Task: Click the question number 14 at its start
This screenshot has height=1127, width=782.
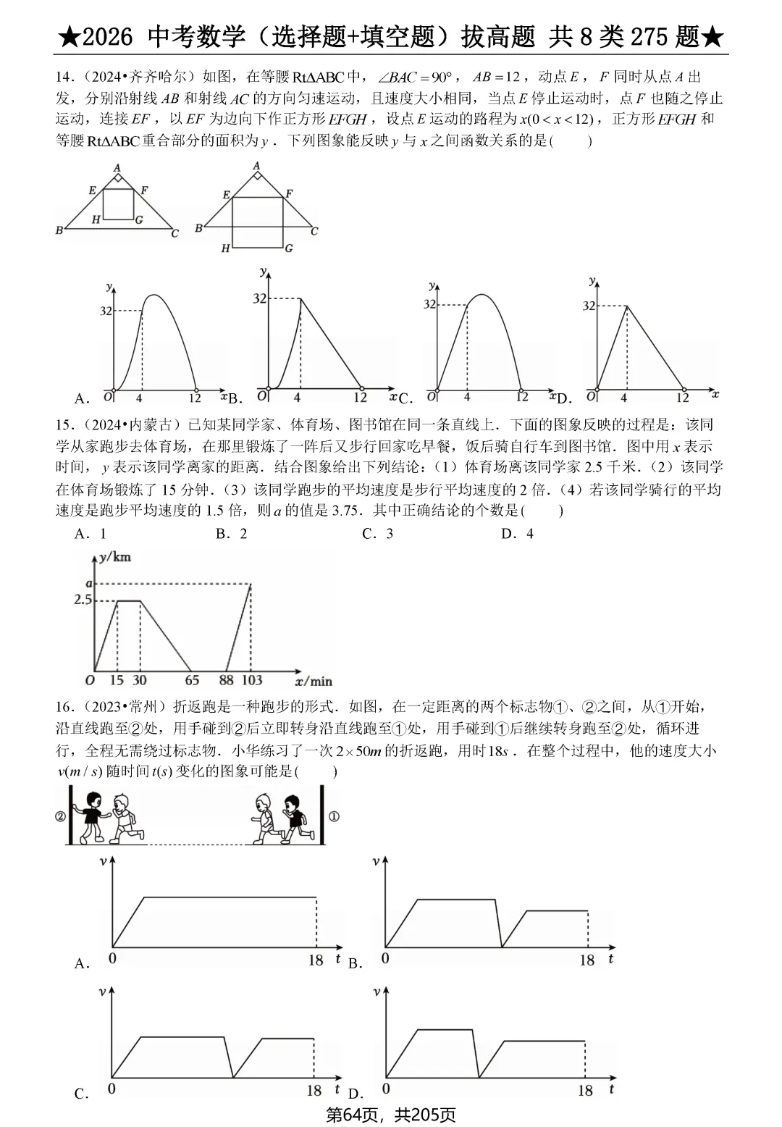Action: (63, 77)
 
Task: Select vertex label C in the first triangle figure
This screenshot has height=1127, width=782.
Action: (175, 233)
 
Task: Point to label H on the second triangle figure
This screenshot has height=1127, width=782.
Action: (225, 248)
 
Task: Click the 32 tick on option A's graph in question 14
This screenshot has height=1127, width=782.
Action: (106, 311)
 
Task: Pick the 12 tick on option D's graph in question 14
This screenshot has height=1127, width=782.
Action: (682, 398)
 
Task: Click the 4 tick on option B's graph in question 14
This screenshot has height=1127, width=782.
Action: (297, 398)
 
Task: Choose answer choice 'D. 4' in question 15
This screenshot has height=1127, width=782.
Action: (517, 534)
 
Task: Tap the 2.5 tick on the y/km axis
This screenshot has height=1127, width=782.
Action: (83, 600)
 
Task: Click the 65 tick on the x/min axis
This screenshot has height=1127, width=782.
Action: (192, 680)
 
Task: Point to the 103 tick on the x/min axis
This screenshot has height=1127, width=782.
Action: (251, 680)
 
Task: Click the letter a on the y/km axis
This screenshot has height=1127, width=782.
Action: (89, 583)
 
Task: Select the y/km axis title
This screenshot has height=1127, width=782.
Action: (115, 556)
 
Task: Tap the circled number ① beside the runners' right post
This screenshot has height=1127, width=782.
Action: (334, 816)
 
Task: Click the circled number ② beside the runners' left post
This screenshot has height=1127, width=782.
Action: (60, 816)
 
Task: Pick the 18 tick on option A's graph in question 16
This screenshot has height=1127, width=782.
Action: (315, 960)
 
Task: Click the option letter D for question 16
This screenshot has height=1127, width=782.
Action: (355, 1094)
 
